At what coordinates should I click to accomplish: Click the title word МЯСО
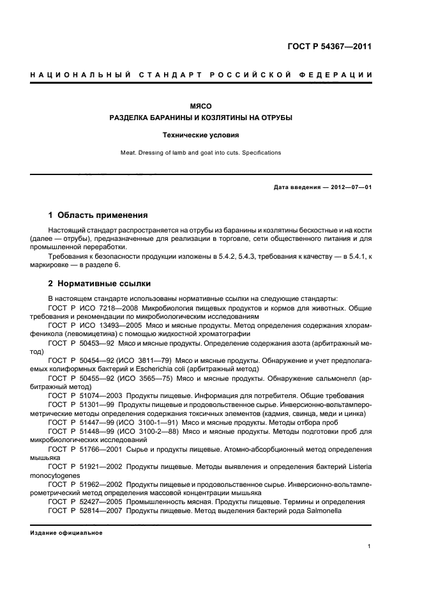pos(201,105)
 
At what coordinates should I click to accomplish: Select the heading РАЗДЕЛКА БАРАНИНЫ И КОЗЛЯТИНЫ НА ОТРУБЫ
pos(201,118)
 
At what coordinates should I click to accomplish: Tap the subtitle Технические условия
pos(201,135)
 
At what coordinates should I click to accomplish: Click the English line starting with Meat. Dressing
pos(201,153)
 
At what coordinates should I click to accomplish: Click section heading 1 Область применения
pos(98,215)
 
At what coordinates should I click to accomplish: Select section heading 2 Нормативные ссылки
pos(100,284)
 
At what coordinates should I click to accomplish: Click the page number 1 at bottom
pos(370,546)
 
